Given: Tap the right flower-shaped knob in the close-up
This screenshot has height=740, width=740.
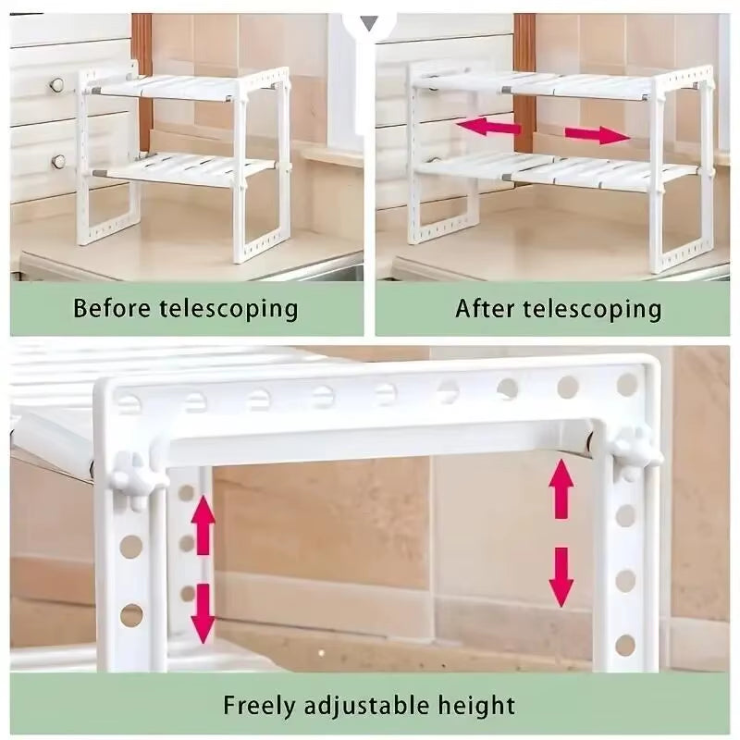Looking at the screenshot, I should (x=634, y=450).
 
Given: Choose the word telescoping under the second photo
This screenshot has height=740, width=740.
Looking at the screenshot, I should (x=593, y=307).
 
